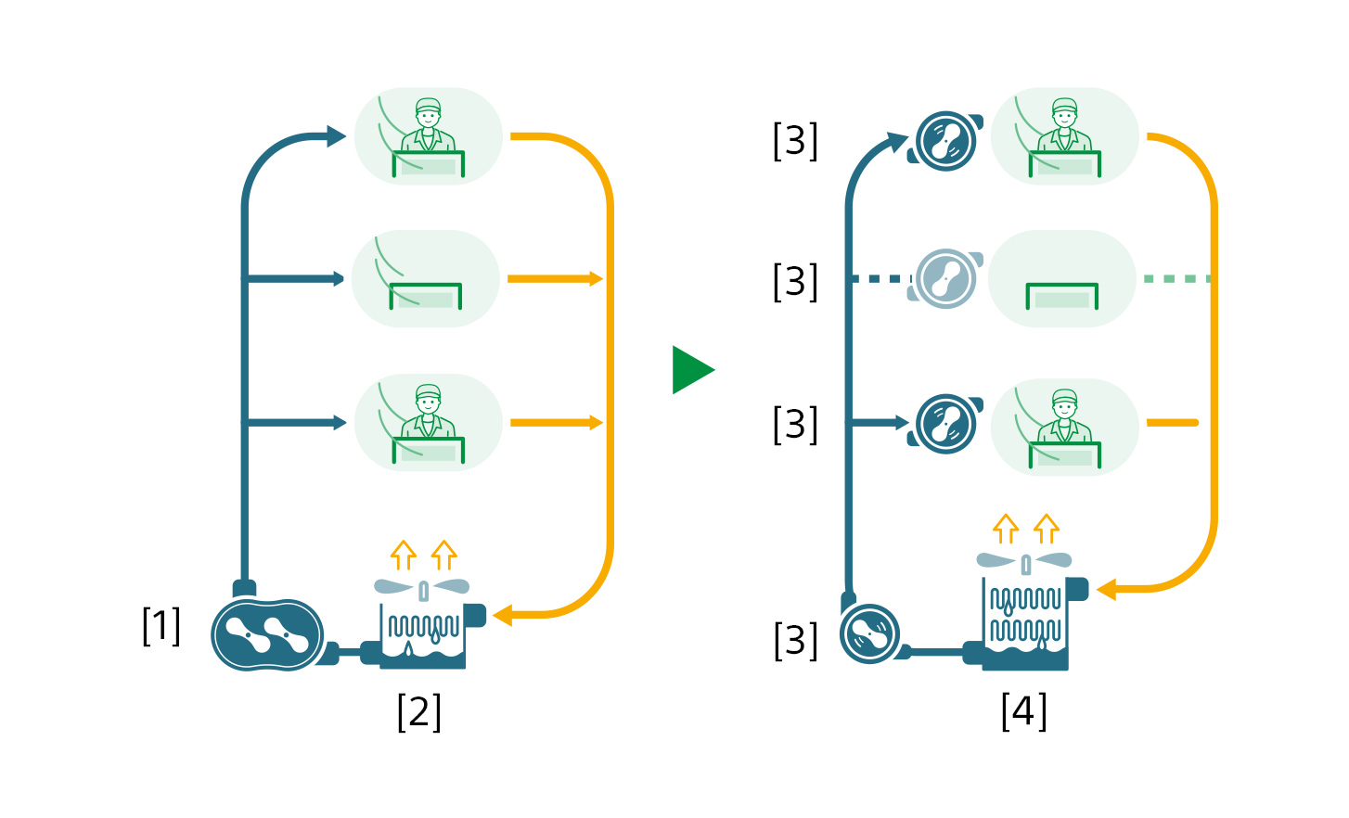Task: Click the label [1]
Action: pos(161,626)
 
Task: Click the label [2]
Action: pos(418,711)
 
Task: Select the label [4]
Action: pos(1023,711)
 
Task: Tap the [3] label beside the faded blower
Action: pos(795,281)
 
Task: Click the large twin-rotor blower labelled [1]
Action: pos(267,634)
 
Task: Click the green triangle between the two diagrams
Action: pos(691,370)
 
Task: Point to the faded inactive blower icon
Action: pos(945,278)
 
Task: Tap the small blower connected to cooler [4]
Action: pos(869,634)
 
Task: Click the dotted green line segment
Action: pos(1176,278)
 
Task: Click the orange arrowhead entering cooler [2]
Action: pos(503,615)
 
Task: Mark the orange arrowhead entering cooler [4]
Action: pos(1107,589)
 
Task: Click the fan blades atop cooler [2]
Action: pos(422,587)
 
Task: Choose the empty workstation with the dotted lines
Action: pos(1062,279)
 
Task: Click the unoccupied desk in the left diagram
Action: pos(426,279)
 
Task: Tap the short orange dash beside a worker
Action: pos(1172,423)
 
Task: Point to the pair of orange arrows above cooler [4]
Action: pos(1026,529)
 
